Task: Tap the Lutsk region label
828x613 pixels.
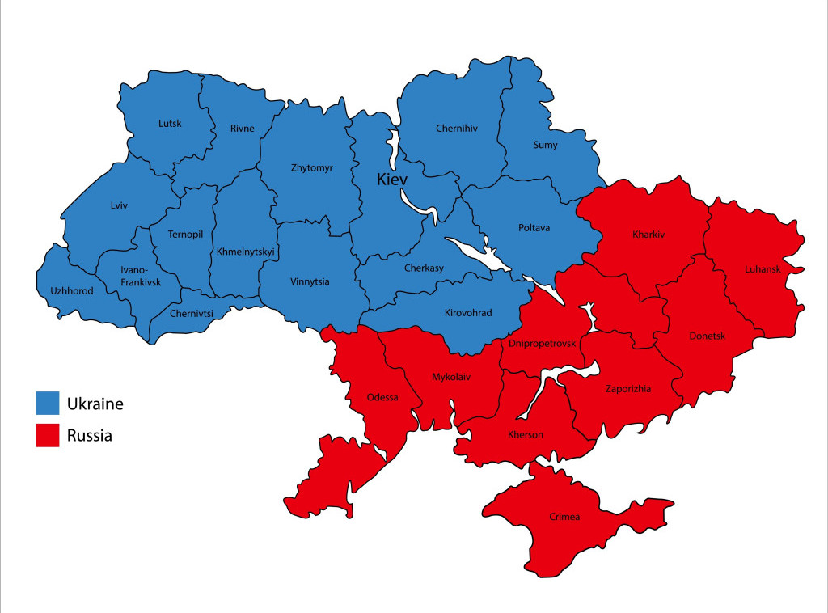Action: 170,124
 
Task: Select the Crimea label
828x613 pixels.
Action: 564,517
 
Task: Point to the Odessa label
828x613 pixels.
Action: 382,396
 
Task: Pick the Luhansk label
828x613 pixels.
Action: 763,269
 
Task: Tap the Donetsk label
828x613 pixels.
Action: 708,336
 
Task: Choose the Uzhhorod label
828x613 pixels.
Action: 66,290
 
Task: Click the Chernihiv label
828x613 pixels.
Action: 457,128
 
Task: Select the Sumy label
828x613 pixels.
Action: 545,146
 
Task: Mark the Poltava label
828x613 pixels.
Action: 534,228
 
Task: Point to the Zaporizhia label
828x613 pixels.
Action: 628,389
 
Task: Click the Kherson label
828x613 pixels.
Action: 526,435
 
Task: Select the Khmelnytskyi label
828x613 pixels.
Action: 246,252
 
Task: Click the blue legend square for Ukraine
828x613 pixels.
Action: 48,403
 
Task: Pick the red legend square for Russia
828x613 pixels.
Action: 48,436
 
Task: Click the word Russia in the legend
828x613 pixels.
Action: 90,436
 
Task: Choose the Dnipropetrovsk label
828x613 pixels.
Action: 543,344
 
